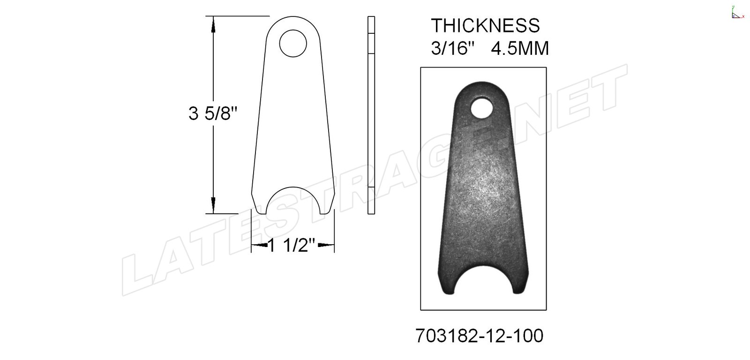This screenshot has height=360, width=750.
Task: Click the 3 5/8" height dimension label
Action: tap(213, 113)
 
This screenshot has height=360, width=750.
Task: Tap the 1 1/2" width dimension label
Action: tap(292, 246)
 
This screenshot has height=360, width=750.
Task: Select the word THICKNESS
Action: tap(485, 25)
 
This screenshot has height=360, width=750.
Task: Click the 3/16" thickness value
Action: tap(453, 49)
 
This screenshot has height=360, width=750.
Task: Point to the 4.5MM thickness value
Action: tap(520, 49)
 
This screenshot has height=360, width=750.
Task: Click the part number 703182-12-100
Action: tap(479, 336)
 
